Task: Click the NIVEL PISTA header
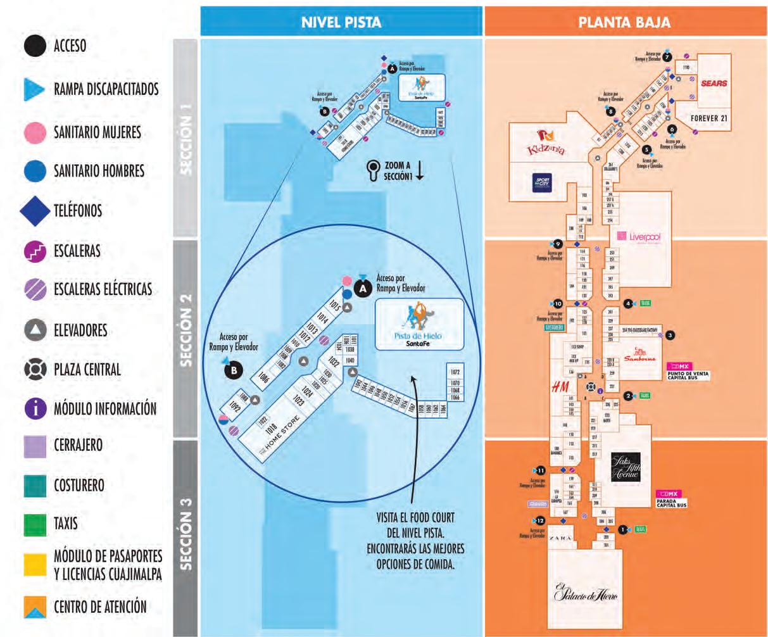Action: tap(341, 22)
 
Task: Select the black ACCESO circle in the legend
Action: tap(35, 46)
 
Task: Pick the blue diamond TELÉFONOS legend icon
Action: tap(35, 210)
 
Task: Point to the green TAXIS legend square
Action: tap(35, 524)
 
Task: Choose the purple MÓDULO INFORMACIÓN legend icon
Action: tap(35, 408)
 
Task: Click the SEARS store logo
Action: tap(714, 83)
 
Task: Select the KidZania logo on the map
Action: tap(545, 143)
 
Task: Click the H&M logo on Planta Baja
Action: tap(558, 386)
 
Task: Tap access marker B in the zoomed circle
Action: tap(235, 370)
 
